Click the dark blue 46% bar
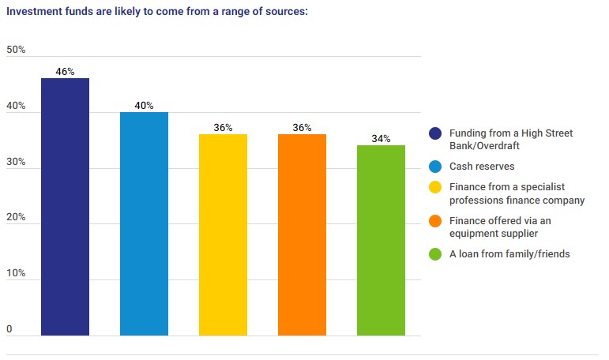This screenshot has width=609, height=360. (x=65, y=207)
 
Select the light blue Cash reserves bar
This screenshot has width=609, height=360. (x=144, y=223)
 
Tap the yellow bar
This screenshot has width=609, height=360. (x=223, y=234)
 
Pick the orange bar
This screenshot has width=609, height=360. (x=302, y=234)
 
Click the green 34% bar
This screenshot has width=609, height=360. (x=381, y=240)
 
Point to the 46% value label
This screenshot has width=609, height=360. (x=65, y=72)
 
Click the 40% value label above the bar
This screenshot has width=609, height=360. (x=144, y=106)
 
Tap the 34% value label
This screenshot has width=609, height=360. (x=381, y=139)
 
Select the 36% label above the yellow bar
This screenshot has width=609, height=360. (x=223, y=128)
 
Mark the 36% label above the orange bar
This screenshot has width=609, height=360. (x=302, y=128)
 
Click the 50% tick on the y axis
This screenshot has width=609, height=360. (x=16, y=50)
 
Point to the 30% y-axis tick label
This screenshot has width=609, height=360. (x=16, y=162)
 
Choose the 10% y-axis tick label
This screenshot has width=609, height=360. (x=16, y=274)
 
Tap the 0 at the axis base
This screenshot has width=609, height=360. (x=9, y=329)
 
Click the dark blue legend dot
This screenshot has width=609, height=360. (x=434, y=133)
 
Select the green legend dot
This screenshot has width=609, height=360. (x=434, y=253)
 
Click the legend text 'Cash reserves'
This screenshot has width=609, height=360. (x=481, y=167)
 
